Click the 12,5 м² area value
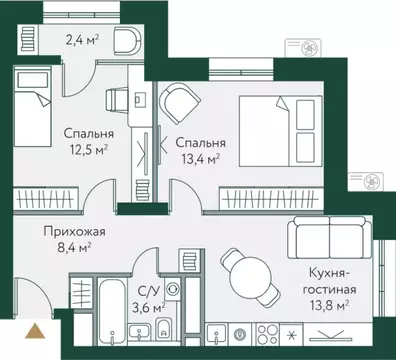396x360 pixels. [88, 150]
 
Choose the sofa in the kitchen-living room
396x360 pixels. [321, 238]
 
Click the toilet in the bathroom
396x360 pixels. [164, 329]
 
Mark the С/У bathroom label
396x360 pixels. [149, 291]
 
